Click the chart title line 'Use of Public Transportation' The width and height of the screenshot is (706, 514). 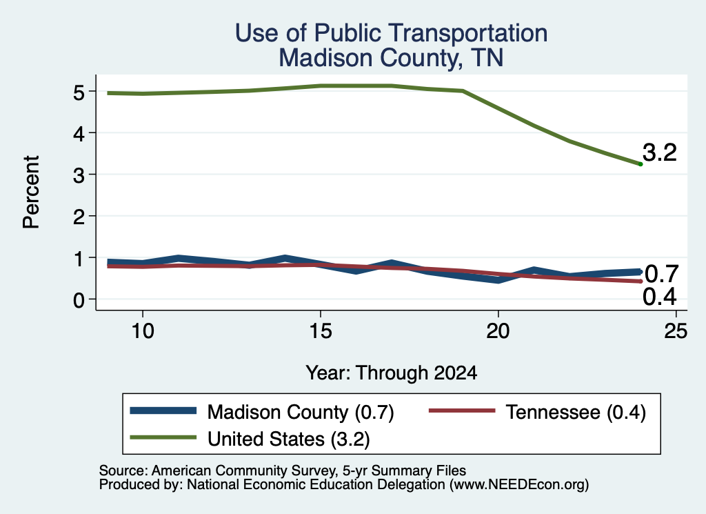(392, 33)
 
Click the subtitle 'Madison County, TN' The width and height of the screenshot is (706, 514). (391, 58)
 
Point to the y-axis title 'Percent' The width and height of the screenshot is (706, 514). (31, 192)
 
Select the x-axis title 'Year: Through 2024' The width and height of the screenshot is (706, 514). (392, 373)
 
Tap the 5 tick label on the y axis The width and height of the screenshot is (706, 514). (79, 92)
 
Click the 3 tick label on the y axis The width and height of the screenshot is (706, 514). (79, 175)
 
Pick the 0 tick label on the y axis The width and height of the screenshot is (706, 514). (79, 300)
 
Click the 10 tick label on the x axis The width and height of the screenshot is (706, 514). (143, 331)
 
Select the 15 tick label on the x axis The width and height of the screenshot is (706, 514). (321, 331)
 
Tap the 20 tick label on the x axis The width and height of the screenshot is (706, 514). (498, 331)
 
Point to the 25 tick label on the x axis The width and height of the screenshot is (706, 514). (676, 331)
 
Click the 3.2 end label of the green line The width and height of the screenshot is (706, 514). (660, 152)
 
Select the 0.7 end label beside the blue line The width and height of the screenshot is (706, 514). (661, 273)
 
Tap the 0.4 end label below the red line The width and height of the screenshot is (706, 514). (660, 297)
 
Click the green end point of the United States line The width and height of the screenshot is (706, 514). (641, 164)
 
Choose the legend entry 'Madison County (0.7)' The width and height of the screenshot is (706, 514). (262, 412)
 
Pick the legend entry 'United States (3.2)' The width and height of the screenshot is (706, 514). (250, 439)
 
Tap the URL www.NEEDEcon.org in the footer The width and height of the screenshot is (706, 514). (518, 485)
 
